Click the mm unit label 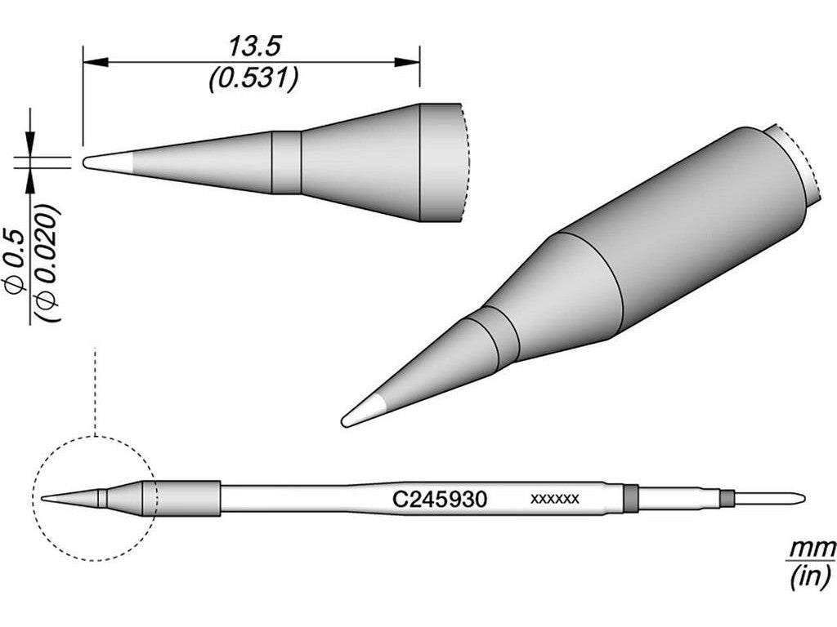coord(812,545)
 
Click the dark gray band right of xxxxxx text coord(629,497)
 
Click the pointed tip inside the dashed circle coord(49,497)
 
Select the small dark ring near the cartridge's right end coord(724,497)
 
